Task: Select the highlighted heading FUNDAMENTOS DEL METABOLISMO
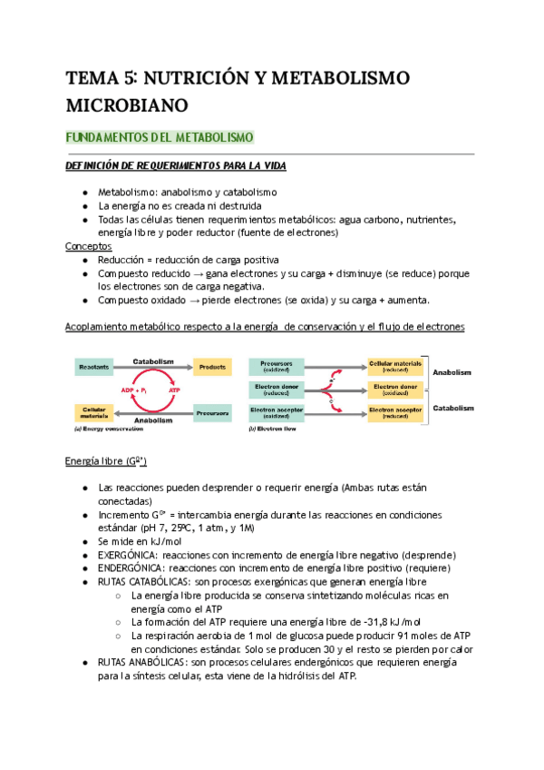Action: [x=160, y=138]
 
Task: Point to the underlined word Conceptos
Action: [x=89, y=246]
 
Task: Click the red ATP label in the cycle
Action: [x=174, y=390]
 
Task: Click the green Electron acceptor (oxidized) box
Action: [x=277, y=413]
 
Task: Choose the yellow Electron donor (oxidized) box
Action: [x=396, y=390]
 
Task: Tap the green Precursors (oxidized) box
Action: [x=277, y=366]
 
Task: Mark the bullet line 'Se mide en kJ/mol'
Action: [x=141, y=541]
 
